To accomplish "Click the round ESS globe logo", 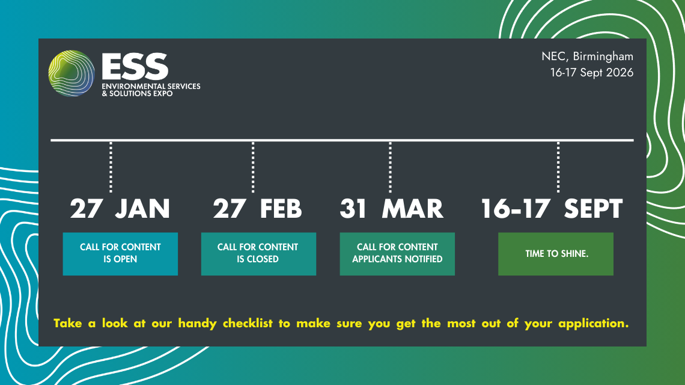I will [72, 74].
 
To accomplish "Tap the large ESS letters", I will [135, 66].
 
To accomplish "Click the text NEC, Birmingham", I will [587, 57].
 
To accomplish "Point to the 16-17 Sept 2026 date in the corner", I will [591, 73].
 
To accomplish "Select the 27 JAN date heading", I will [120, 209].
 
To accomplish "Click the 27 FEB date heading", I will [257, 209].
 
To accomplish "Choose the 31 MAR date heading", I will [391, 209].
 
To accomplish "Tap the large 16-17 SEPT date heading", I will [551, 209].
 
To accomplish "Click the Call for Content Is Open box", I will [120, 253].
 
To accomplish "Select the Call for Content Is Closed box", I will [258, 253].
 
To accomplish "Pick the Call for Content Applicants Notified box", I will [397, 253].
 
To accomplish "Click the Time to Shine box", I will [556, 253].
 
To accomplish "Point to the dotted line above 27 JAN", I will [111, 167].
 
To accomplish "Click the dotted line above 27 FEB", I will [253, 167].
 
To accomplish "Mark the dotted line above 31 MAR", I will [391, 167].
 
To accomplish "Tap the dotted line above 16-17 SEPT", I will [558, 167].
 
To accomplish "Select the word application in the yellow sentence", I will [592, 324].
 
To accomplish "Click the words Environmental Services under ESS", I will [151, 87].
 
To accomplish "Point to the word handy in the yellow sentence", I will [198, 324].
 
